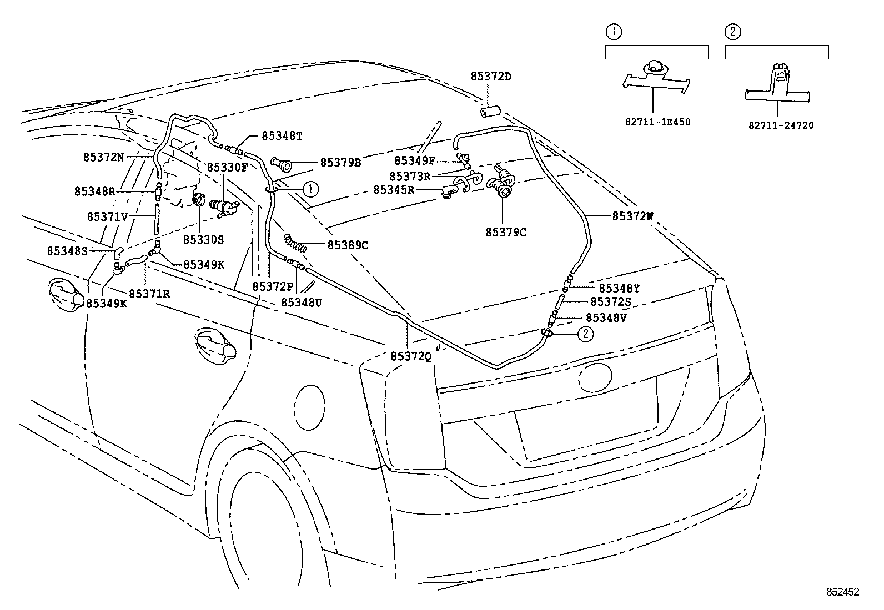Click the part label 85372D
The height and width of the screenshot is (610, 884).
tap(491, 76)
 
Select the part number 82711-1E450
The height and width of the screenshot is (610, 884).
tap(657, 122)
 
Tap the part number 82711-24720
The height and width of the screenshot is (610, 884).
tap(780, 125)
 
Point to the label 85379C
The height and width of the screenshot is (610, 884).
tap(505, 233)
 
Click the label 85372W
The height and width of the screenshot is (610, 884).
tap(633, 217)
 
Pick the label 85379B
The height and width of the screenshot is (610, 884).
tap(340, 163)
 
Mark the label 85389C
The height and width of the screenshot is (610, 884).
tap(348, 245)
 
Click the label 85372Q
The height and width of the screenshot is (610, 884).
tap(411, 356)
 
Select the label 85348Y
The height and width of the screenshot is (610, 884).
tap(619, 288)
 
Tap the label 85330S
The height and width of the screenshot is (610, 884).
tap(203, 239)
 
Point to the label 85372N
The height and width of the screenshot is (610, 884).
tap(104, 157)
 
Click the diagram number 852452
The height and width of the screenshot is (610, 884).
tap(841, 592)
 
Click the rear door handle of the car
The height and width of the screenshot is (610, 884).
tap(216, 346)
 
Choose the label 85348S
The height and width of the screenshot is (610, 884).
tap(67, 251)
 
